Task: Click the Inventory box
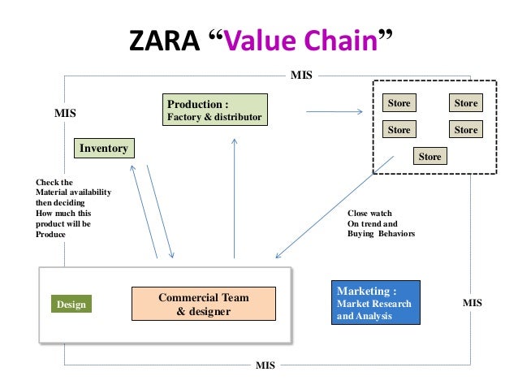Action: (103, 148)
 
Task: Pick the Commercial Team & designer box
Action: (204, 304)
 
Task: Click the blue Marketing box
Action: (376, 303)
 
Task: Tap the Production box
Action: (216, 110)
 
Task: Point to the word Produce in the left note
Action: (50, 234)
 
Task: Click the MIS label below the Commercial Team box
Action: (265, 365)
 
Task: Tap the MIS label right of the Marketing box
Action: (472, 302)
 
